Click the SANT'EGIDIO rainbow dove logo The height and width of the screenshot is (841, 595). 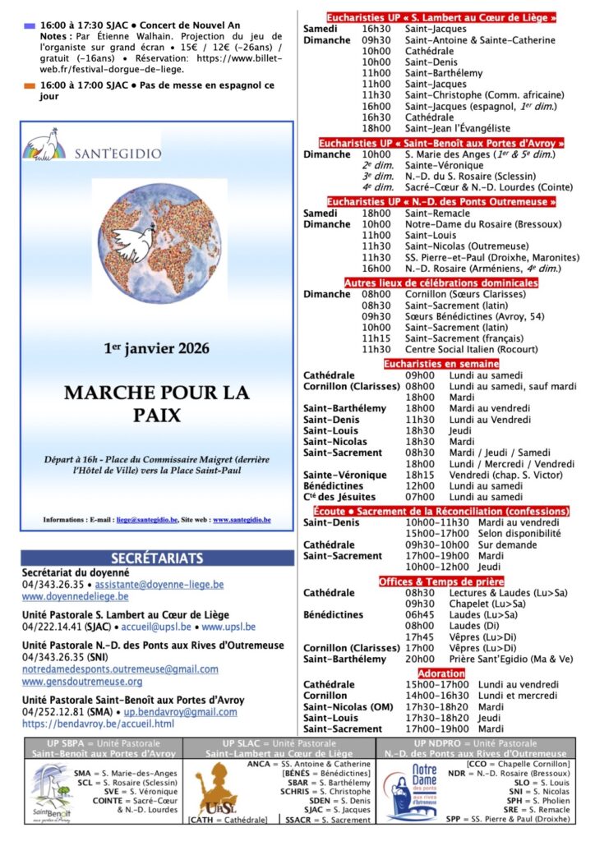tap(44, 145)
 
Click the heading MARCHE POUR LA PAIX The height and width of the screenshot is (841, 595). tap(156, 403)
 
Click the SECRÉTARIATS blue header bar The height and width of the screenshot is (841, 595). tap(156, 558)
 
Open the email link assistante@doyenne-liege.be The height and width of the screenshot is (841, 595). tap(161, 585)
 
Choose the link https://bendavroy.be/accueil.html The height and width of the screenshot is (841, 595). tap(98, 724)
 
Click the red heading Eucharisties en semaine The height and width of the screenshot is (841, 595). tap(440, 363)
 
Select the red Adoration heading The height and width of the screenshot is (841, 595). tap(440, 673)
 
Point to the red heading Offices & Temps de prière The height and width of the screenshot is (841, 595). tap(440, 581)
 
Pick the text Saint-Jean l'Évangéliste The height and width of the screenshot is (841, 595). tap(457, 128)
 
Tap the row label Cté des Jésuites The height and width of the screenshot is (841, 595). tap(339, 497)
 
